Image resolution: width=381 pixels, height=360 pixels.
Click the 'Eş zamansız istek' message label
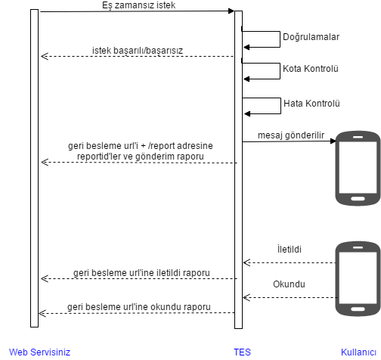[x=138, y=5]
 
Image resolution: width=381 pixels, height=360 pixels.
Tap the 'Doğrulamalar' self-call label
[x=311, y=37]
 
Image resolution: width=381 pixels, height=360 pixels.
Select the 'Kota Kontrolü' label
[x=311, y=69]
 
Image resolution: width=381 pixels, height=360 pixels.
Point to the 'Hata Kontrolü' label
[x=311, y=104]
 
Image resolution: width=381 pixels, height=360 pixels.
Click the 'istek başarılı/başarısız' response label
[x=138, y=51]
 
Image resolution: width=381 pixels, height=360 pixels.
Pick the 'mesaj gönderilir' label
[x=291, y=135]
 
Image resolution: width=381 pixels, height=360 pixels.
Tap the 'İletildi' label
[x=290, y=249]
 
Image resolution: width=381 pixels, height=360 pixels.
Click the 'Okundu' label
[x=289, y=284]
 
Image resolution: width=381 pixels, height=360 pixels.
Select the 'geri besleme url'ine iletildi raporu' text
[x=141, y=273]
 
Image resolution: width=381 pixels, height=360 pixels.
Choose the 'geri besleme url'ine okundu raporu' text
[x=139, y=307]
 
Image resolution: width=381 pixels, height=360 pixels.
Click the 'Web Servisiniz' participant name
[x=39, y=352]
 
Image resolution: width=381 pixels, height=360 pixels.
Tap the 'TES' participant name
[x=242, y=352]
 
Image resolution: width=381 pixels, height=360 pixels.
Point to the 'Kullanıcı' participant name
[x=358, y=352]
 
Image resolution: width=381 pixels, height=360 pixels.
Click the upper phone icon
[x=358, y=168]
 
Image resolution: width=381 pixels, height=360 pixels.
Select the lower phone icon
[x=358, y=278]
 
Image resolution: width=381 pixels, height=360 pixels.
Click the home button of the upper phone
[x=358, y=199]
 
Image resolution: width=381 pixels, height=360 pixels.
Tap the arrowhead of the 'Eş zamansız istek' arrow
[x=231, y=11]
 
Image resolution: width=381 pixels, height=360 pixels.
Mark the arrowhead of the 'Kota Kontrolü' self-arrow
[x=246, y=79]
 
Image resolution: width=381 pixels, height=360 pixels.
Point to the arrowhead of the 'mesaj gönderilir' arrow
[x=333, y=141]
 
